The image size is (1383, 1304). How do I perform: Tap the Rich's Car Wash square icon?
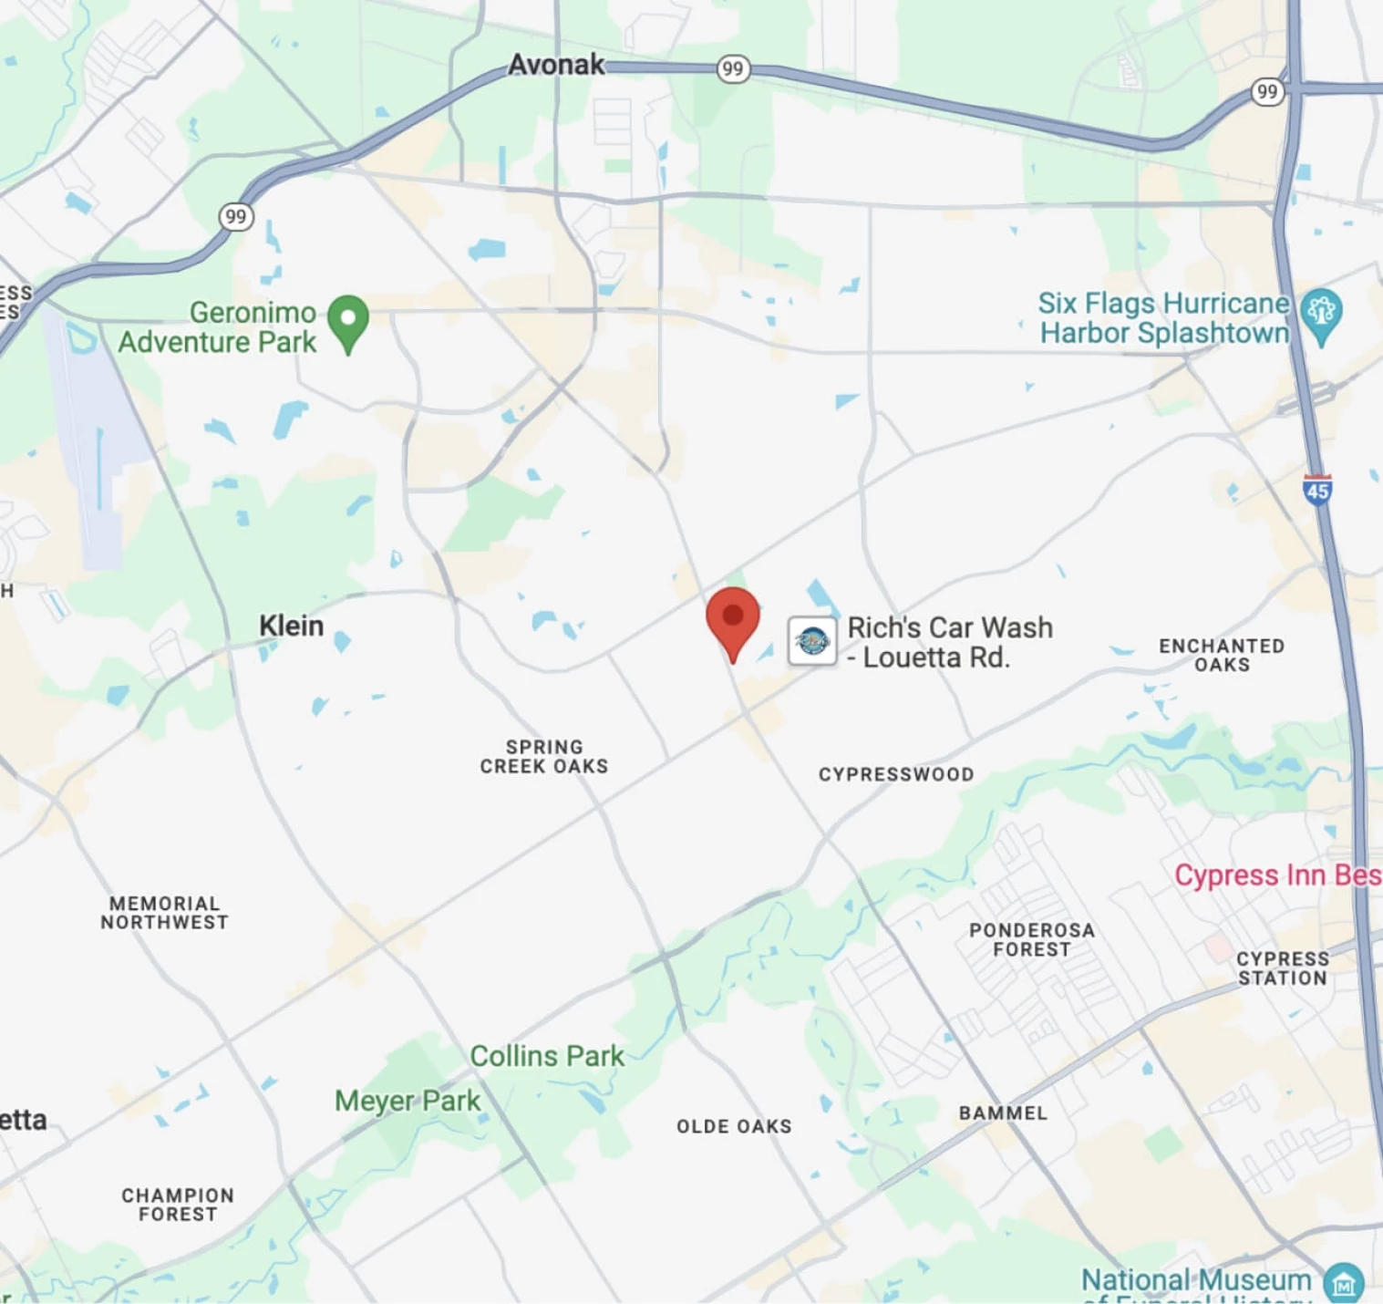pos(811,641)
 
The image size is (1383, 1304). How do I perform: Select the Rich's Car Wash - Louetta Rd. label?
pos(949,642)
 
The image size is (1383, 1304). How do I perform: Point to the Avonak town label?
pos(556,65)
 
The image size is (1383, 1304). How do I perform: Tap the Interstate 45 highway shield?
pos(1317,491)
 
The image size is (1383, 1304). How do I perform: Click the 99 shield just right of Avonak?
pos(732,69)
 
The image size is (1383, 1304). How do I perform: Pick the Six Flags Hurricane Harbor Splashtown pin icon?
pos(1321,314)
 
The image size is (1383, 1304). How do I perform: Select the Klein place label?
pos(291,626)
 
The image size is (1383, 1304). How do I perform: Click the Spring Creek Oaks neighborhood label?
pos(544,757)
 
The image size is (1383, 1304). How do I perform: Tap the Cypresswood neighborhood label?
pos(896,774)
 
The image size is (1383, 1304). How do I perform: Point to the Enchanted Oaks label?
pos(1222,655)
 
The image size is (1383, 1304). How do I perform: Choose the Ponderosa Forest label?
pos(1031,939)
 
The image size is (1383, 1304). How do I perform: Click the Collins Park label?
pos(547,1056)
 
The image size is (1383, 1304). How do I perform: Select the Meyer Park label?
pos(408,1101)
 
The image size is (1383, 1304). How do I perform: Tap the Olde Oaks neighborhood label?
pos(734,1126)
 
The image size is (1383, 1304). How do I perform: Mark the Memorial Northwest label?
pos(164,913)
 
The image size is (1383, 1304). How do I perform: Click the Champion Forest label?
pos(178,1205)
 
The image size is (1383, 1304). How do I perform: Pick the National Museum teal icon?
pos(1343,1282)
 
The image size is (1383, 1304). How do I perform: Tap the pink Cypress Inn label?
pos(1277,875)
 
